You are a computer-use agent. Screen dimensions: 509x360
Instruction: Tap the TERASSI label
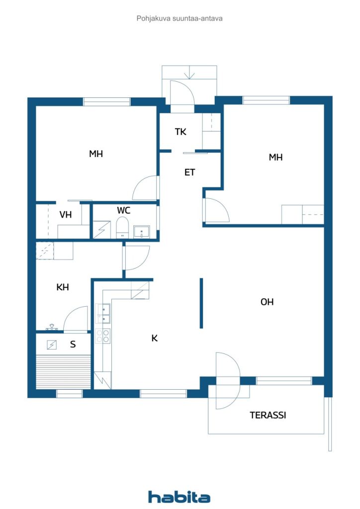268,415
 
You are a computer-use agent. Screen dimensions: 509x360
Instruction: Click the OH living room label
267,302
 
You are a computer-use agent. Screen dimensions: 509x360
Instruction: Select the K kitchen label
155,338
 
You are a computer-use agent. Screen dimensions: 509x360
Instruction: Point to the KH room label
63,287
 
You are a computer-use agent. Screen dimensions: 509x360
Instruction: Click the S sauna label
73,343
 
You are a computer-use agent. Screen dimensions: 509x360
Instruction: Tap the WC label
124,210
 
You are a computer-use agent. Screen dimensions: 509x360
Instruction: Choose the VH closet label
66,215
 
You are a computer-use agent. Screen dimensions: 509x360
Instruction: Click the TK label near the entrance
180,132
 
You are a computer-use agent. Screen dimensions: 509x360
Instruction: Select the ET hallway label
189,172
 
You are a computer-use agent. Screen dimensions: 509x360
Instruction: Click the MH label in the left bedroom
96,154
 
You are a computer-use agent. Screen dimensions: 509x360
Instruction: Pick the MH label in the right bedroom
275,157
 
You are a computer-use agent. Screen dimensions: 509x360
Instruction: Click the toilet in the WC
122,229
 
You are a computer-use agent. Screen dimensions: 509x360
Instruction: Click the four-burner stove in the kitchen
102,336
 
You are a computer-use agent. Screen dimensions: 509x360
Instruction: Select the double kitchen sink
103,313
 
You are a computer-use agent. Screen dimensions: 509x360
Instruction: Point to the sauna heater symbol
52,344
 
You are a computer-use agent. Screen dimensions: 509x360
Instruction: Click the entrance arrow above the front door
189,75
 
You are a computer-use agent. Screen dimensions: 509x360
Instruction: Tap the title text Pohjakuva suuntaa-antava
180,18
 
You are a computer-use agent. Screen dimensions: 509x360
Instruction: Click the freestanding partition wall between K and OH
201,303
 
